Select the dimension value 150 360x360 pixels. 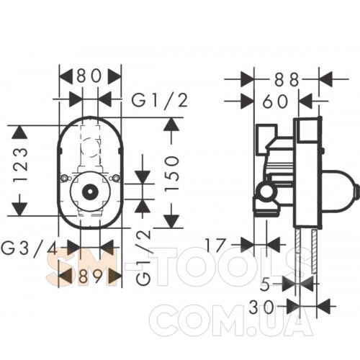point(172,174)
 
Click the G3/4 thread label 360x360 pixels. point(29,248)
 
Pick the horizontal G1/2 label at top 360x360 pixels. point(159,101)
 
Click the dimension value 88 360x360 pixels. point(287,80)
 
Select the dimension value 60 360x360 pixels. point(275,102)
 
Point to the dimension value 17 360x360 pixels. point(216,246)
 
